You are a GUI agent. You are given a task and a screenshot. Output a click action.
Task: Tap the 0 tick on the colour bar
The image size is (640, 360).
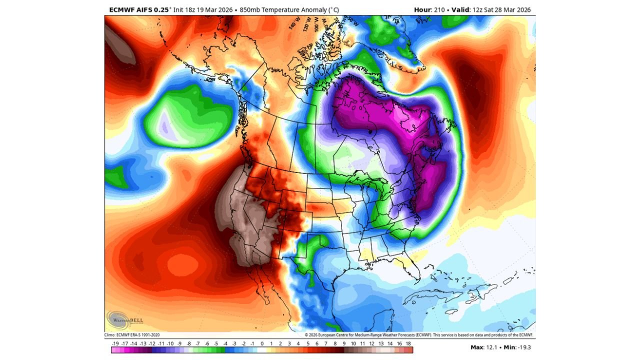(262, 344)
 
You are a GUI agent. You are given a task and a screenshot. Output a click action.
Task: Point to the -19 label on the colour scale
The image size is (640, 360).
(115, 344)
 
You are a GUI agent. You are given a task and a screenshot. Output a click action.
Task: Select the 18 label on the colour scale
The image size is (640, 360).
(408, 344)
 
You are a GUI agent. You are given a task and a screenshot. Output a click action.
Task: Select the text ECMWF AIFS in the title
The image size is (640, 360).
(129, 9)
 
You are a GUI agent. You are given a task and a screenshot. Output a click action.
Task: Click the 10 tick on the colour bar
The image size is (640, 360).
(353, 344)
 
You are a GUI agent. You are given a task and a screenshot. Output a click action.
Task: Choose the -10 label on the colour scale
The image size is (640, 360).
(170, 344)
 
